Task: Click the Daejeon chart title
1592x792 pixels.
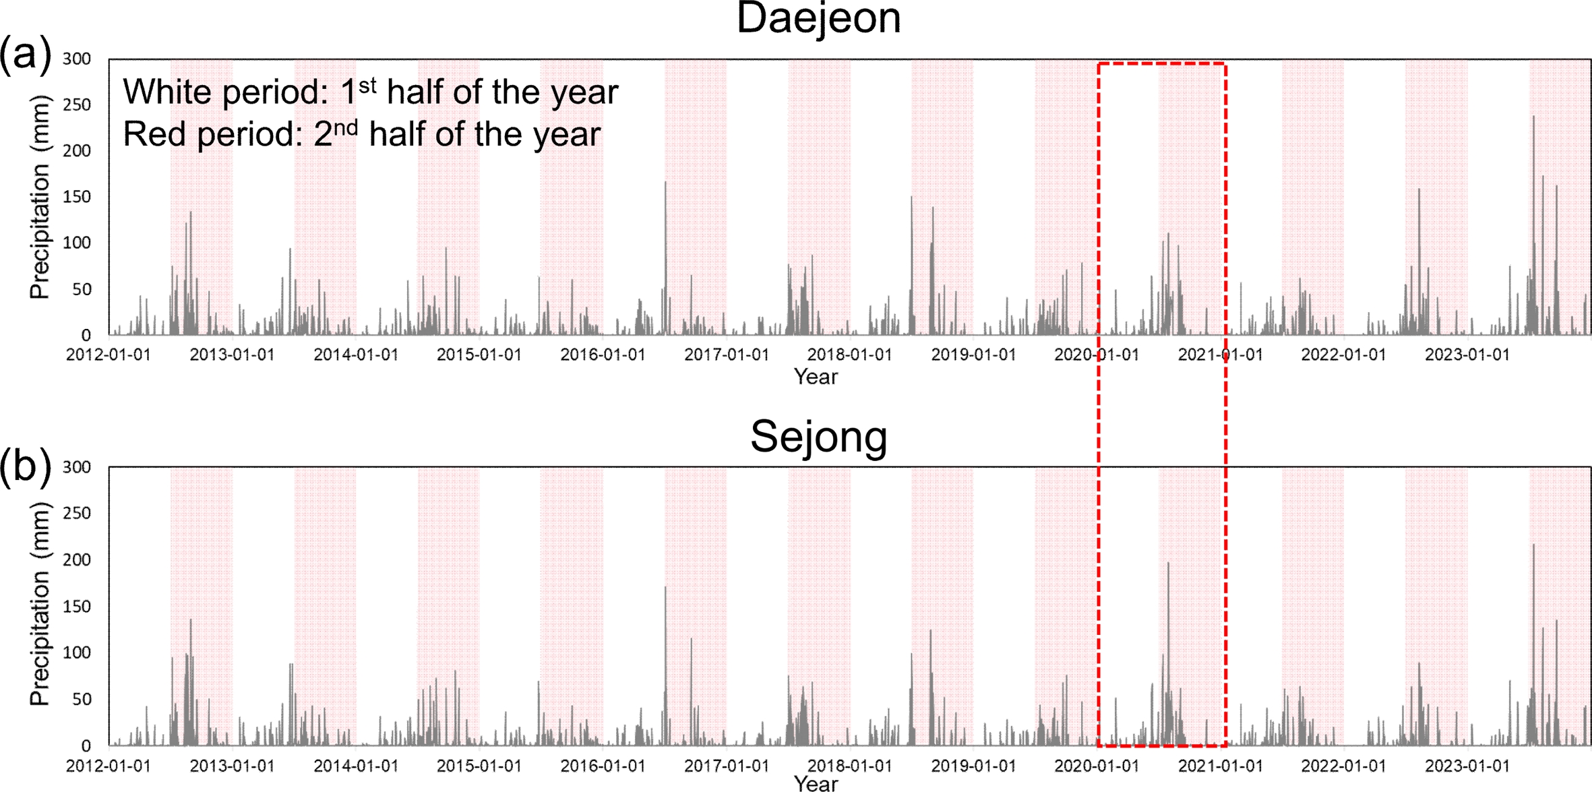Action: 818,18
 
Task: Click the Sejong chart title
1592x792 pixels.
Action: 818,437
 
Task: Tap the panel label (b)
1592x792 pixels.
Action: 25,466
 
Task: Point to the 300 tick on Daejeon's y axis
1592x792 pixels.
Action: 77,59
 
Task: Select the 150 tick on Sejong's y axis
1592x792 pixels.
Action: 77,606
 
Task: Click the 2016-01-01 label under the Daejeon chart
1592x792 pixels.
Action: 603,355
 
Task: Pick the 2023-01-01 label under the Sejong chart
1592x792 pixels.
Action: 1467,766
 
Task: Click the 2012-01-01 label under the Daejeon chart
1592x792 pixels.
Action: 108,355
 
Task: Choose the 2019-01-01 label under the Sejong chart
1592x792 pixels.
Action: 973,766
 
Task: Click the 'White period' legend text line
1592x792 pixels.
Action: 370,92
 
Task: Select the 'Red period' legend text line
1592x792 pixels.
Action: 361,133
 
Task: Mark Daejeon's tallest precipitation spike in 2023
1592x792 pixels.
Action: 1533,117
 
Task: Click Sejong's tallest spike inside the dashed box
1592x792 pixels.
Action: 1168,563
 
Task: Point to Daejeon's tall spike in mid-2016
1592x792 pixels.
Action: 665,183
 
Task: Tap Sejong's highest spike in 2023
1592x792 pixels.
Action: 1533,545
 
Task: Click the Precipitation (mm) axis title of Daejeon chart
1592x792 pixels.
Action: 40,197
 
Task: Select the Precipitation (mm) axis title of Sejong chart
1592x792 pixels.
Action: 40,605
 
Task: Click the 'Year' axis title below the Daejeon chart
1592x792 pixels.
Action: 816,376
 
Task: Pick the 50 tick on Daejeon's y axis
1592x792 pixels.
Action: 81,289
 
